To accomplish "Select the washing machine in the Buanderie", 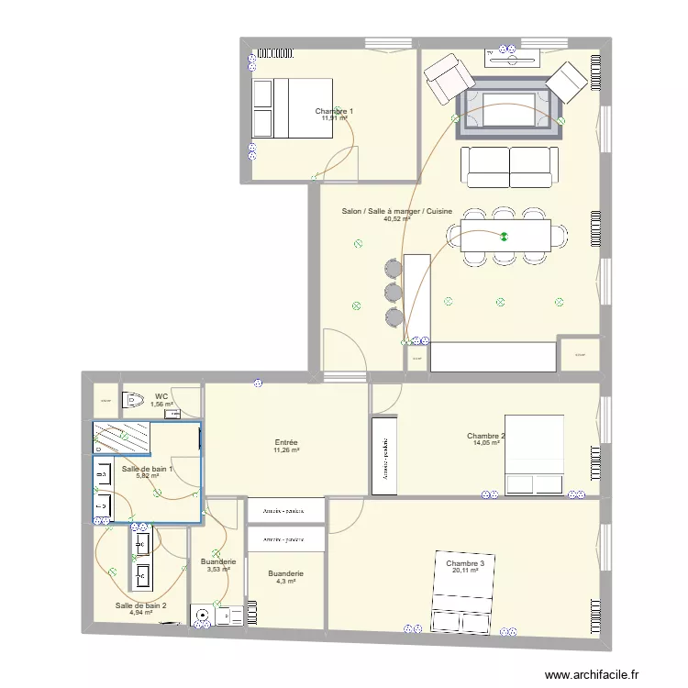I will [x=201, y=616].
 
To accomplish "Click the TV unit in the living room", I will [x=512, y=57].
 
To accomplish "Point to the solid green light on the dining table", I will [x=503, y=237].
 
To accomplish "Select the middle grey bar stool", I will [x=394, y=293].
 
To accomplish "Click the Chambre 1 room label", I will [x=334, y=111].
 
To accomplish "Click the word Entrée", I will [x=285, y=442].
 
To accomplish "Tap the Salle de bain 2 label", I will [x=140, y=605].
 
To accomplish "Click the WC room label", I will [x=161, y=396].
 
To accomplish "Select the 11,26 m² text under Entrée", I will [x=285, y=450].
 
